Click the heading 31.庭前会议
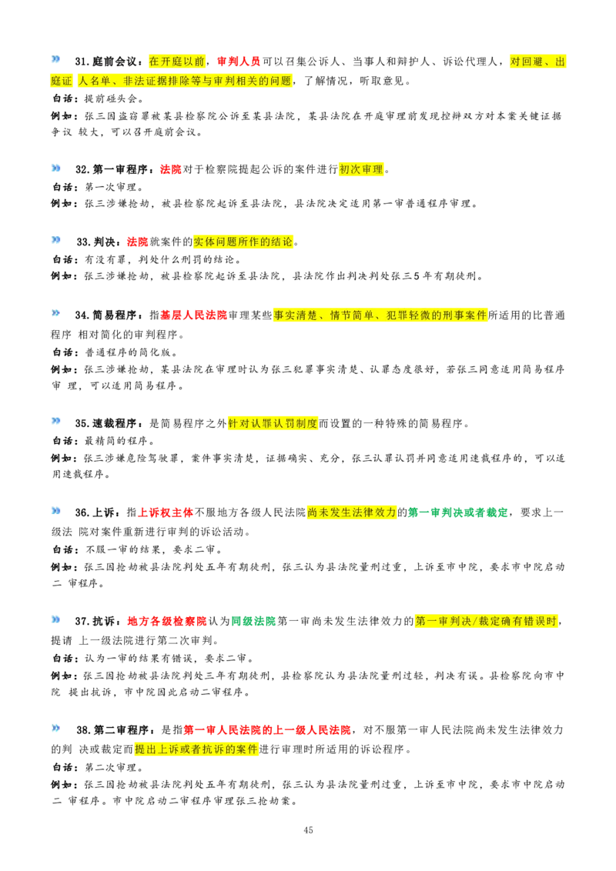109,62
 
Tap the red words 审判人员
239,62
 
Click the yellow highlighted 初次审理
361,169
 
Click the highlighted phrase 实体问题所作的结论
243,242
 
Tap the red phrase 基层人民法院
193,315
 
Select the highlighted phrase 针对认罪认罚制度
273,423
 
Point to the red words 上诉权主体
166,512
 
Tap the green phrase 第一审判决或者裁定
458,512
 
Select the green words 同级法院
253,621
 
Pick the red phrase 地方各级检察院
167,621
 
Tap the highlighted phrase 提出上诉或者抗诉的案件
196,749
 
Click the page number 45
309,830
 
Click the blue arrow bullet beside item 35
56,421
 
